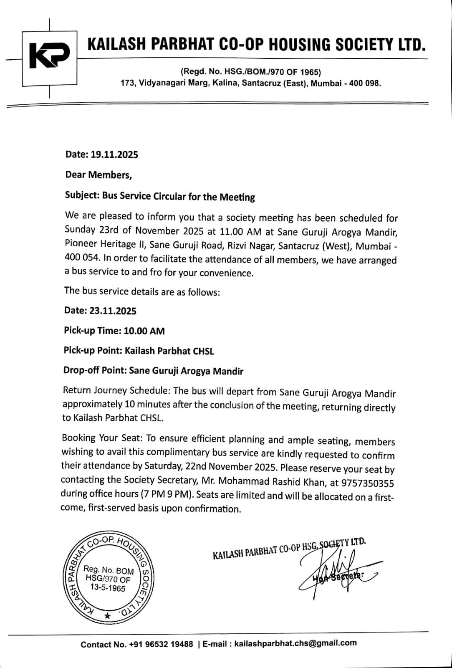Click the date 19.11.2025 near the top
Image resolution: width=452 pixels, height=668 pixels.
pyautogui.click(x=114, y=155)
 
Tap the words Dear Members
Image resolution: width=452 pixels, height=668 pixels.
pyautogui.click(x=98, y=175)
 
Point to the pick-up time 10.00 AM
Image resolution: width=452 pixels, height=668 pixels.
pyautogui.click(x=144, y=331)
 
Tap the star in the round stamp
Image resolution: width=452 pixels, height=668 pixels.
pyautogui.click(x=108, y=615)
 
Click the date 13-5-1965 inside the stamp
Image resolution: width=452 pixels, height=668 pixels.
pyautogui.click(x=108, y=588)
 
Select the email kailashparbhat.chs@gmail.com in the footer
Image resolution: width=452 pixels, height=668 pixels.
pyautogui.click(x=295, y=643)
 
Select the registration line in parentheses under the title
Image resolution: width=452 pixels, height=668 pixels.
pyautogui.click(x=250, y=72)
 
